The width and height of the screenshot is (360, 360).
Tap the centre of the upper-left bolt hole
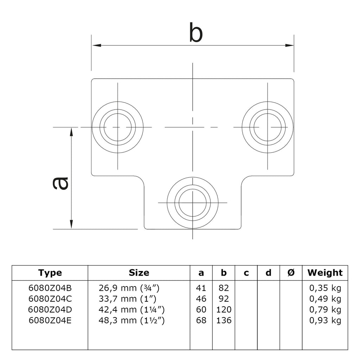click(118, 127)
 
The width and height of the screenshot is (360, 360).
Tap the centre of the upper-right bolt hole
click(267, 127)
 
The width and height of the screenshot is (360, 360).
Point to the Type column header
click(50, 273)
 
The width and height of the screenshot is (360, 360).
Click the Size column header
click(139, 273)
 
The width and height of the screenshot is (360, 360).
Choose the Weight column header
click(325, 273)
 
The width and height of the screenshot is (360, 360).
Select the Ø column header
click(291, 273)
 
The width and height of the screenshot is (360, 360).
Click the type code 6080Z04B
click(50, 288)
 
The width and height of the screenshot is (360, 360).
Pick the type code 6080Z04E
click(50, 320)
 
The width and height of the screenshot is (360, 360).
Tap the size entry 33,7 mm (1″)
click(127, 299)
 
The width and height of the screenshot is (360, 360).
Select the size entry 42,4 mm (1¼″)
click(132, 310)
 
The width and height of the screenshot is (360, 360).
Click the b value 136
click(224, 320)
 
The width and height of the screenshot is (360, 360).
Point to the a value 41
click(201, 288)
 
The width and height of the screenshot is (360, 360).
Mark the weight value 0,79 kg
click(325, 310)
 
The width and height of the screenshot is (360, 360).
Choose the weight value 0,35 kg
click(325, 288)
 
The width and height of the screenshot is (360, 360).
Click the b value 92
click(224, 299)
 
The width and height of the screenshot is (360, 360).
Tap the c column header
click(246, 273)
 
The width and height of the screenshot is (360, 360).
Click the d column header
click(269, 273)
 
